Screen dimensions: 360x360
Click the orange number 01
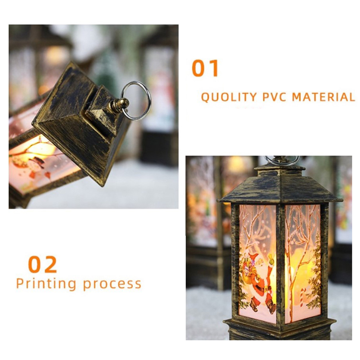coord(205,68)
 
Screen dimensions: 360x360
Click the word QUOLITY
coord(229,97)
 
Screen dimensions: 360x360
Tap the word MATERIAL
coord(324,97)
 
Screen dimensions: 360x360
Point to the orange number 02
coord(42,265)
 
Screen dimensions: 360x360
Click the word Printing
coord(46,284)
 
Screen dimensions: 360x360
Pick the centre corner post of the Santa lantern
coord(280,264)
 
